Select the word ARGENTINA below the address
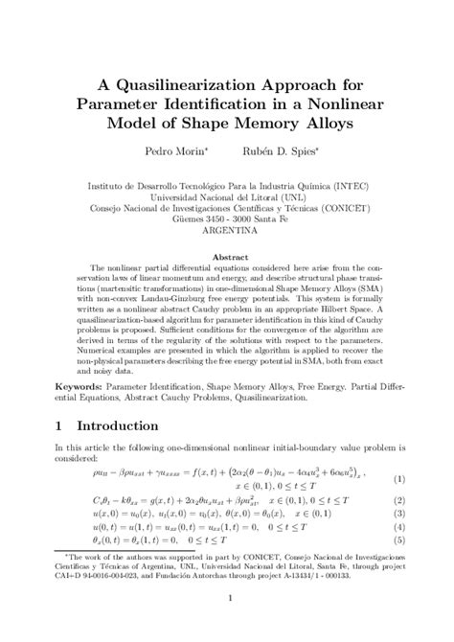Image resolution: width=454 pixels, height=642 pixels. [226, 231]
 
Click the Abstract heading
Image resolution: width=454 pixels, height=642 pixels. [226, 257]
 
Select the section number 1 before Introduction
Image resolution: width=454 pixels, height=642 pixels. [58, 425]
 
